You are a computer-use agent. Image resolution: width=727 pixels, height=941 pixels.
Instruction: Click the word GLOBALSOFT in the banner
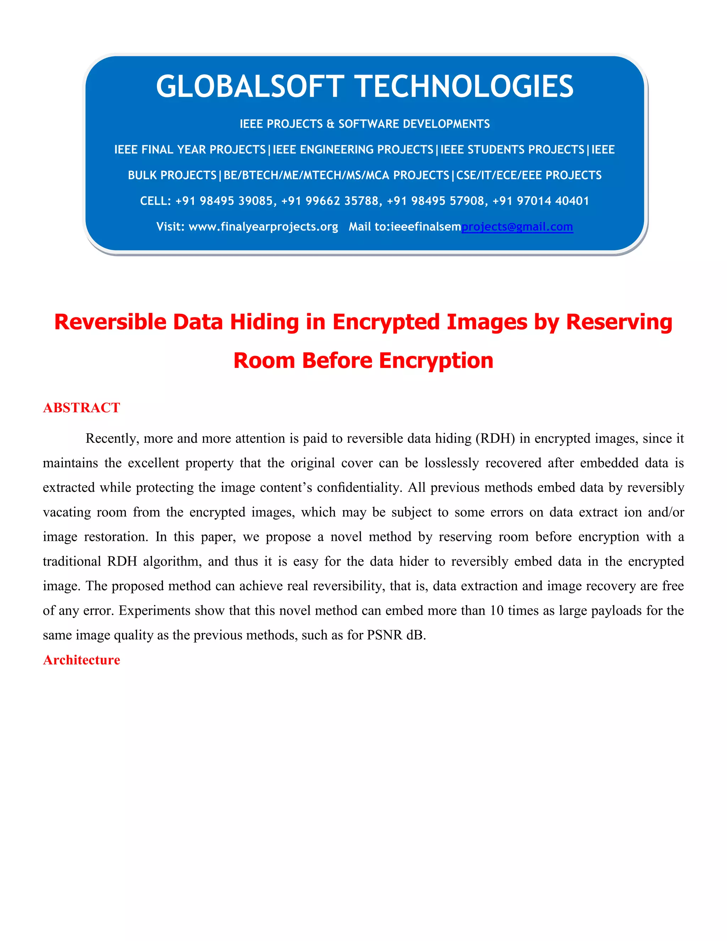pyautogui.click(x=250, y=86)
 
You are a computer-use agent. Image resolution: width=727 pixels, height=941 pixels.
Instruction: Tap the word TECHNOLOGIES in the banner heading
pyautogui.click(x=465, y=86)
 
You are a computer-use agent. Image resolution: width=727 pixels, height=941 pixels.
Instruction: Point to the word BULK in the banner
pyautogui.click(x=145, y=175)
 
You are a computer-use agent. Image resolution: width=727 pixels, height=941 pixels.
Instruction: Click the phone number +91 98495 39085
pyautogui.click(x=224, y=201)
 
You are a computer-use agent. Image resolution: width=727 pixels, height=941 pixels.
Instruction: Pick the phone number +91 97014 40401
pyautogui.click(x=541, y=201)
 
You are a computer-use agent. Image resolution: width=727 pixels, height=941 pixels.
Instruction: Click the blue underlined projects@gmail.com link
pyautogui.click(x=517, y=227)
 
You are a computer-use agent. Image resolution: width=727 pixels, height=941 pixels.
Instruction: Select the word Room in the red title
pyautogui.click(x=264, y=360)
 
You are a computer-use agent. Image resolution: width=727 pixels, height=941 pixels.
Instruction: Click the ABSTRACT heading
pyautogui.click(x=81, y=408)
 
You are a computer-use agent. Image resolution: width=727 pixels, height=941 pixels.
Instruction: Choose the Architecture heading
pyautogui.click(x=81, y=660)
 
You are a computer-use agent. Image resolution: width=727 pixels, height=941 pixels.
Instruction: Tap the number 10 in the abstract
pyautogui.click(x=497, y=610)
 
